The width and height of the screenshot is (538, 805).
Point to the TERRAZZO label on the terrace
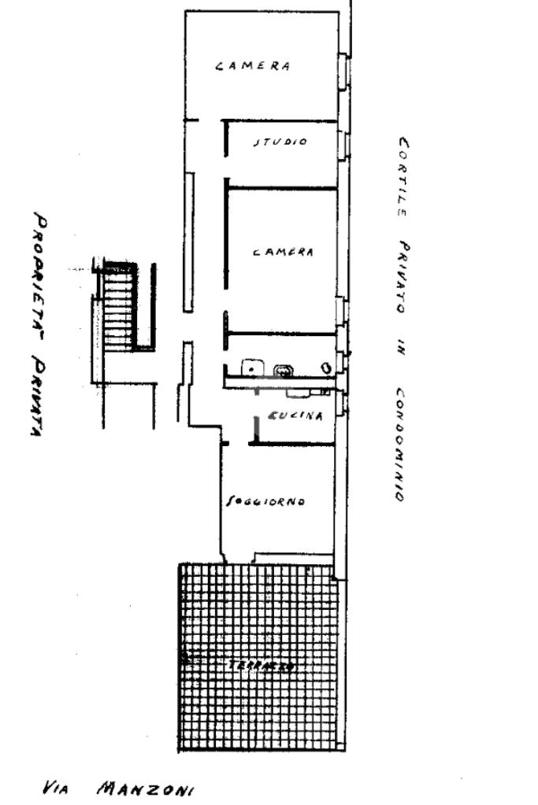click(x=262, y=666)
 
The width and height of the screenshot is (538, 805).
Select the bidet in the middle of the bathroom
click(x=282, y=370)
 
